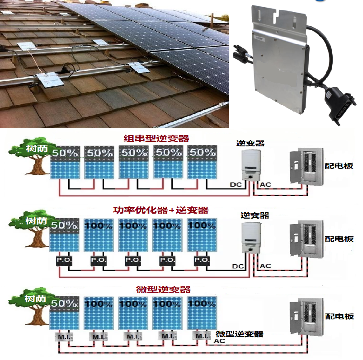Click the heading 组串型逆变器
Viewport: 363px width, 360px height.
coord(156,138)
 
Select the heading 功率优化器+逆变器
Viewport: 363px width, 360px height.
coord(160,210)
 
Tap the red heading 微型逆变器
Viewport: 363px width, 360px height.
coord(163,289)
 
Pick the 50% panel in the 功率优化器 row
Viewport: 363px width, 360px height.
coord(64,235)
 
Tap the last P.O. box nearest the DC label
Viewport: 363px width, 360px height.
coord(202,261)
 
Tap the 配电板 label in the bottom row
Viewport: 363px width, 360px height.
coord(339,317)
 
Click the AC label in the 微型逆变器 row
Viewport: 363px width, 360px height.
coord(219,341)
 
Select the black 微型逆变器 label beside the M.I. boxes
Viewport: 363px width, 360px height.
coord(239,334)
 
